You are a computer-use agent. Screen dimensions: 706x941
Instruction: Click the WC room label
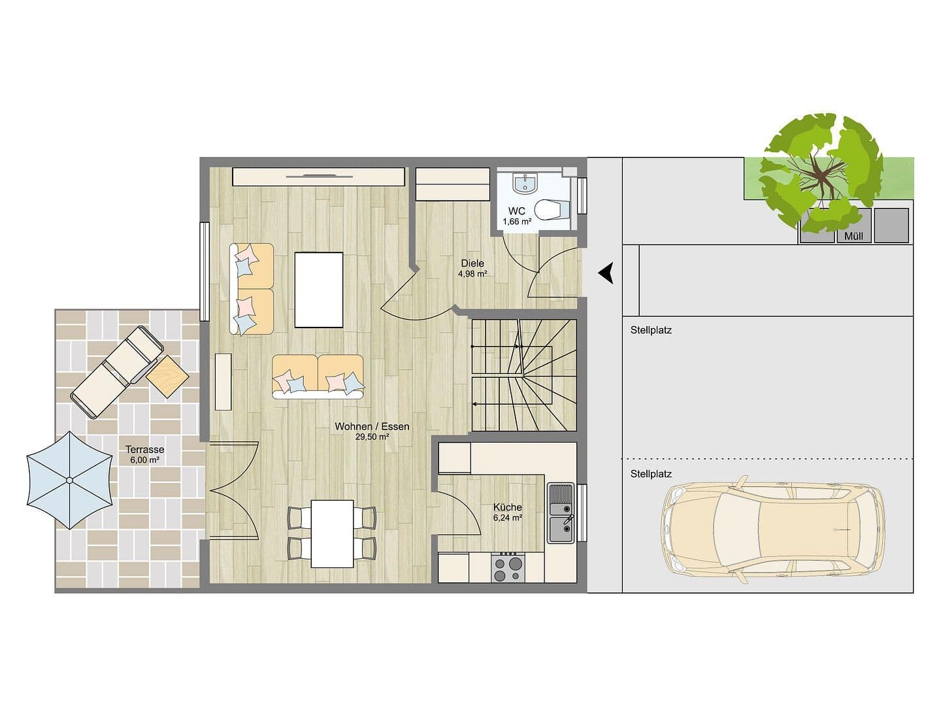[516, 211]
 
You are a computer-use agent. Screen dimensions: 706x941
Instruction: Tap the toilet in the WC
[551, 209]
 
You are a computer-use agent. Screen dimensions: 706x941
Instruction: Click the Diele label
[472, 263]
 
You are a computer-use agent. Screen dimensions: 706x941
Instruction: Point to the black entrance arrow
[606, 273]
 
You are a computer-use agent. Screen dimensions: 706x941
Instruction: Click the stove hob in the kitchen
[508, 567]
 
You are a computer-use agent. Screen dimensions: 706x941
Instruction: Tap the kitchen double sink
[560, 513]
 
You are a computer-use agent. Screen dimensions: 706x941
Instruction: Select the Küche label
[508, 507]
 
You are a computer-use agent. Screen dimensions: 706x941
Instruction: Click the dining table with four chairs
[332, 533]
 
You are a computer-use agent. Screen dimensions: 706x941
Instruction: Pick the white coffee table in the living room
[319, 290]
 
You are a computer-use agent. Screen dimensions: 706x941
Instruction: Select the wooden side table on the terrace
[167, 376]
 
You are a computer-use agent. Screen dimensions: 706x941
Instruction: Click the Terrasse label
[145, 450]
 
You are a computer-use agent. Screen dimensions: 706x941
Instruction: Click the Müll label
[853, 236]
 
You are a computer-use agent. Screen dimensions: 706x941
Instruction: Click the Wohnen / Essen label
[372, 426]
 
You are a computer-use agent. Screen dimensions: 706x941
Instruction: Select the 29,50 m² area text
[372, 437]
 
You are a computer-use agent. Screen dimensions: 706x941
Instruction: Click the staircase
[523, 375]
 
